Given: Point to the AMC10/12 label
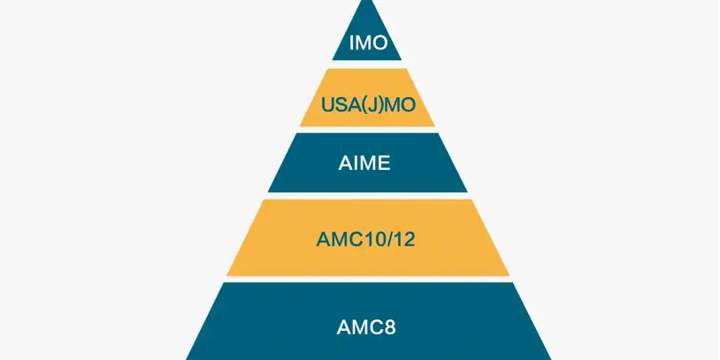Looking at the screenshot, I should (367, 239).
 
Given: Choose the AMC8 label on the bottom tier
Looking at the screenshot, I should (367, 326).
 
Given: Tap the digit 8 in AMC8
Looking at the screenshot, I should (390, 326).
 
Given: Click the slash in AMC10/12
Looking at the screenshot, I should (382, 239).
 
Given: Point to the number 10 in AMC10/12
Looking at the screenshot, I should (368, 239).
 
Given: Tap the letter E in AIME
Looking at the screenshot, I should (387, 163).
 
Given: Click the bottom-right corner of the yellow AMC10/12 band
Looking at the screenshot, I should (509, 274).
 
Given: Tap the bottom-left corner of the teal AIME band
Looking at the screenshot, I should (269, 191).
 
